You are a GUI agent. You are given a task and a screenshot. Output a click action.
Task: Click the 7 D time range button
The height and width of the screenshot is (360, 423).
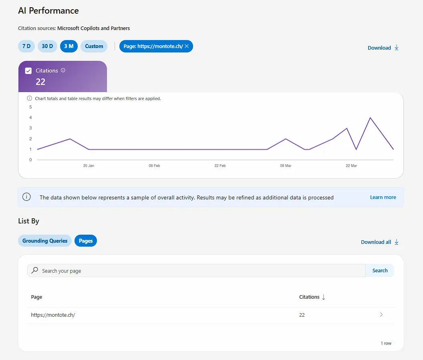[26, 46]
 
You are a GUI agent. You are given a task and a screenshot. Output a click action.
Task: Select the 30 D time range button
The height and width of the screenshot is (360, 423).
[47, 46]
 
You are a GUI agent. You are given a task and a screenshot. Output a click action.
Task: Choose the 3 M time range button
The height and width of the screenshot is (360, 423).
[69, 46]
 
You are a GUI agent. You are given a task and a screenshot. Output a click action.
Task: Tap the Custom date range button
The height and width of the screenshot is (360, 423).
[94, 46]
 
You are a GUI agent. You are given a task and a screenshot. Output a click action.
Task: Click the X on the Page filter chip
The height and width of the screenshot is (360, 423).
[187, 46]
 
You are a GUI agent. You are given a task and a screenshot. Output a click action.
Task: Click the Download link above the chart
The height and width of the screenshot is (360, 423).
[383, 48]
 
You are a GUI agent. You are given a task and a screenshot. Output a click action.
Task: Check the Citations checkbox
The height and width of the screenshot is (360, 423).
[28, 71]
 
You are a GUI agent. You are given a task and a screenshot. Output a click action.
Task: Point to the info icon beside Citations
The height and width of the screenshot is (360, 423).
[63, 70]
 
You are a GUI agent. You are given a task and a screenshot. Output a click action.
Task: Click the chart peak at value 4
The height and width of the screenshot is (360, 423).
[370, 118]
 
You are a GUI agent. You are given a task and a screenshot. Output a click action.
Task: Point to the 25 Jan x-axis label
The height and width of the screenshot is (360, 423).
[89, 165]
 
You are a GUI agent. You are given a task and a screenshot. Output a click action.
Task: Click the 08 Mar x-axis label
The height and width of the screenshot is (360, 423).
[286, 165]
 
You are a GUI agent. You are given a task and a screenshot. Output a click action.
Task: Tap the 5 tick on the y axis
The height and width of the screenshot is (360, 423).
[30, 107]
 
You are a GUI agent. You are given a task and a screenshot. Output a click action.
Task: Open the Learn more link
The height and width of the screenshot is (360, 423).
[383, 197]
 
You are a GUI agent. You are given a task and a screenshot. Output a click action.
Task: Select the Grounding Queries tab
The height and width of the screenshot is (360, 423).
[45, 241]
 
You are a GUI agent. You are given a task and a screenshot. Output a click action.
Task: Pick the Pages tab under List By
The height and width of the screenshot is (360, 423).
[86, 241]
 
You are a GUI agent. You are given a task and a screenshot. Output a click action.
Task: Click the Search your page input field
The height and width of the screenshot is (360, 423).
[196, 271]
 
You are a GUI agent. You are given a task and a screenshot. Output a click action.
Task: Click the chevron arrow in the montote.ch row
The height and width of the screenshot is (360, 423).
[381, 315]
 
